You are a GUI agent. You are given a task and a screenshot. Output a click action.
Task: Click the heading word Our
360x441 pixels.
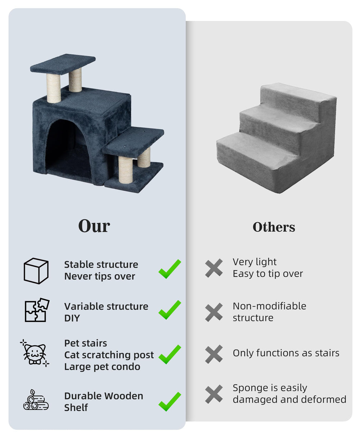[94, 226]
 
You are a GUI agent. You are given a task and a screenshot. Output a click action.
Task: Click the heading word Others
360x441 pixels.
[274, 227]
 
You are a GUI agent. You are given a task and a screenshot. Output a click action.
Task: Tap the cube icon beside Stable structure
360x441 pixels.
[36, 271]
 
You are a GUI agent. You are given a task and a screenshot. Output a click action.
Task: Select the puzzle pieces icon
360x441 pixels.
[37, 310]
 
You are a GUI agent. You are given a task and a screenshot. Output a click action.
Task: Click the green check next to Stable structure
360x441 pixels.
[170, 269]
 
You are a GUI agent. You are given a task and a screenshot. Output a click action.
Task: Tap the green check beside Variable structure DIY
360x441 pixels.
[170, 310]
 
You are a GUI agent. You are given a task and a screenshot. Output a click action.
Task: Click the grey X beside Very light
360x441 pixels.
[213, 268]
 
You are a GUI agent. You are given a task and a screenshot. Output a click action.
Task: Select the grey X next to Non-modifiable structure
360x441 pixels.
[213, 312]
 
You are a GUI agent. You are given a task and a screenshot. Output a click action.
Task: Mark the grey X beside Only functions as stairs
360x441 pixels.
[213, 354]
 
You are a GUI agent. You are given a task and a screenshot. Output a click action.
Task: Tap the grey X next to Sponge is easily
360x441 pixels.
[213, 394]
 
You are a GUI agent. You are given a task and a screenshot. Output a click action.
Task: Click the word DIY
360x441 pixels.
[72, 318]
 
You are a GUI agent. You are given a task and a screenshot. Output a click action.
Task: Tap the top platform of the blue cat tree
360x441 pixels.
[63, 64]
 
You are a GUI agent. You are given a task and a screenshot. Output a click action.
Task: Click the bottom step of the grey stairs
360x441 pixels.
[257, 147]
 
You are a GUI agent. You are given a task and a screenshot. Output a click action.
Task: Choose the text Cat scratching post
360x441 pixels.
[109, 355]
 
